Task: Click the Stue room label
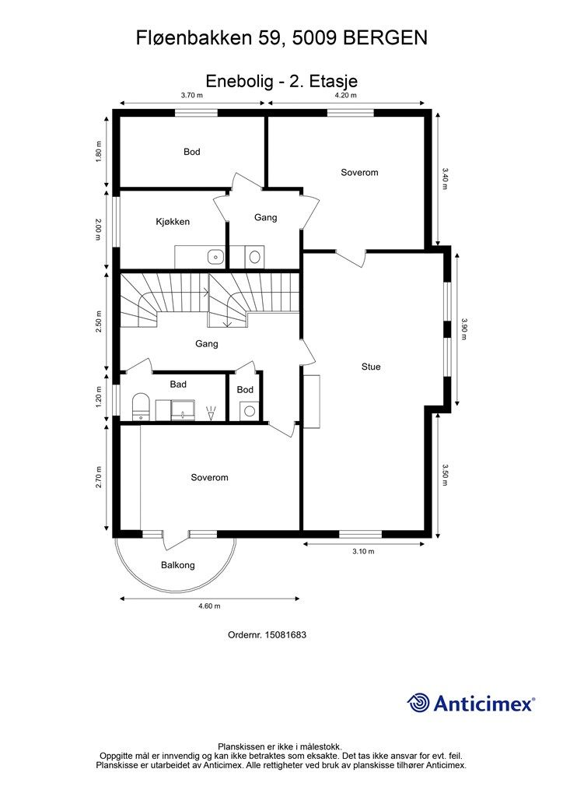[371, 367]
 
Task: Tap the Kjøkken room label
[173, 222]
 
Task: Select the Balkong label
[177, 565]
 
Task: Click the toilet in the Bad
[140, 406]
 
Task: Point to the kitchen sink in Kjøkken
[216, 256]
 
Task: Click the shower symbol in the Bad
[211, 413]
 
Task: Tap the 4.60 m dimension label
[209, 606]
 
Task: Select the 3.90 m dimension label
[464, 329]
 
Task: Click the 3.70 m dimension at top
[192, 95]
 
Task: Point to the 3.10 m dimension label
[363, 552]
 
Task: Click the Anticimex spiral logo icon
[418, 703]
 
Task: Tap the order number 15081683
[285, 635]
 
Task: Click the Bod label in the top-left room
[192, 152]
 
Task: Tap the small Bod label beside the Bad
[245, 389]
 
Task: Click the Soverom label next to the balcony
[209, 477]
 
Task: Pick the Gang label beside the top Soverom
[265, 218]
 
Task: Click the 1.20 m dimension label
[99, 397]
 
